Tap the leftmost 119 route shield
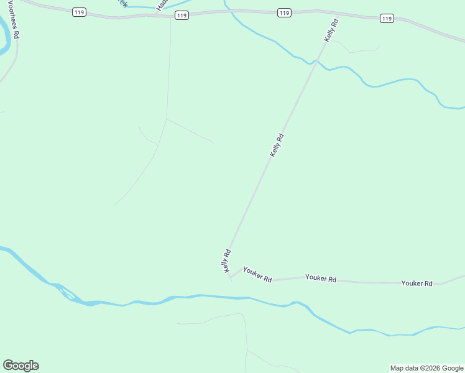[78, 12]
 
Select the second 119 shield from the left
[182, 15]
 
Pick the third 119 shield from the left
[284, 12]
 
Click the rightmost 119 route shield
[387, 19]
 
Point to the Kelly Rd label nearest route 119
[331, 30]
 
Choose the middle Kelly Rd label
[277, 145]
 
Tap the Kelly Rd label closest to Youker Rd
[227, 260]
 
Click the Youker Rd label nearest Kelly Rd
[257, 274]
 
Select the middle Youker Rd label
[321, 279]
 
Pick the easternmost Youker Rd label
[417, 283]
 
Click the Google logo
[21, 366]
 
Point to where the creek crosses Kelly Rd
[318, 62]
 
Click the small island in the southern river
[68, 293]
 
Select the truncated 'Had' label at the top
[161, 5]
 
